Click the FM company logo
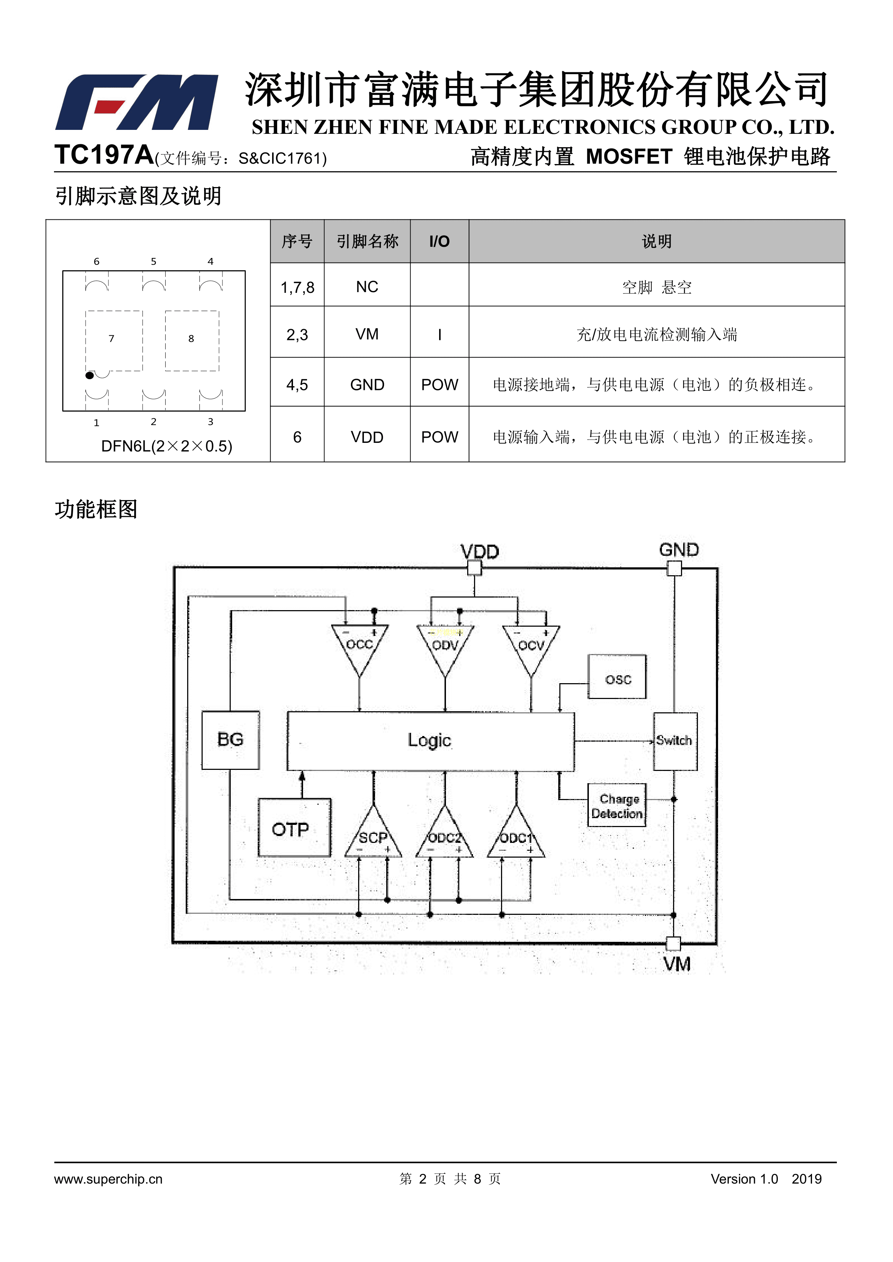click(137, 102)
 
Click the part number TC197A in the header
click(104, 155)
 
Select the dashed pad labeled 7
click(114, 341)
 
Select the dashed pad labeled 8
click(192, 341)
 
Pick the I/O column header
click(439, 241)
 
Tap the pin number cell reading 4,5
click(297, 385)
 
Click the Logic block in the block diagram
click(430, 741)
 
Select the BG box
click(230, 740)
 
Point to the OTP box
click(294, 827)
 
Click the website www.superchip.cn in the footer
click(108, 1179)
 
